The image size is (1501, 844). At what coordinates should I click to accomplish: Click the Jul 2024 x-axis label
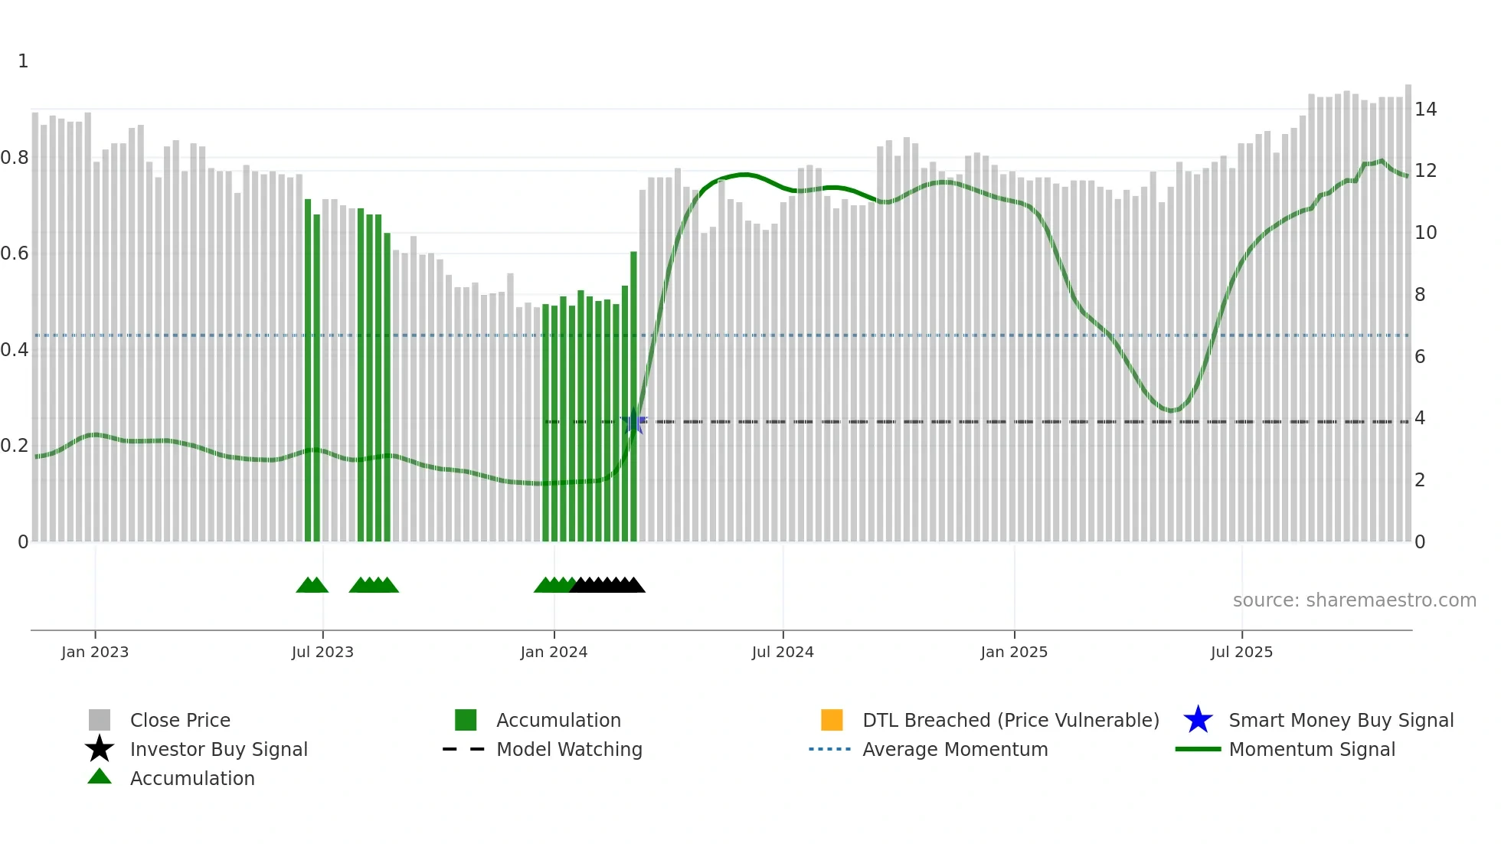(x=782, y=652)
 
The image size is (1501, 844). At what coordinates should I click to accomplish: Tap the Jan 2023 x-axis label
(x=95, y=652)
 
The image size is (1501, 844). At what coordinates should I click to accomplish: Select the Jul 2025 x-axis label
(x=1241, y=652)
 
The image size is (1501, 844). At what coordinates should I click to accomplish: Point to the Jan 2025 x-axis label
(x=1014, y=652)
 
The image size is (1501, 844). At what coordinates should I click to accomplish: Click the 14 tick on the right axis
(x=1425, y=110)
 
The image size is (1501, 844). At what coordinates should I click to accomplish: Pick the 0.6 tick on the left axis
(x=15, y=254)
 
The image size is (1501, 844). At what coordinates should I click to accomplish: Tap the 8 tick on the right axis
(x=1420, y=295)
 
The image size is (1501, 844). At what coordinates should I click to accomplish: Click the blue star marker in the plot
(x=633, y=422)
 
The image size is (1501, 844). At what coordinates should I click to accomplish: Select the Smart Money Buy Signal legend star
(x=1198, y=720)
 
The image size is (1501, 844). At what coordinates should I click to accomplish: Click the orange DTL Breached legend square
(x=832, y=720)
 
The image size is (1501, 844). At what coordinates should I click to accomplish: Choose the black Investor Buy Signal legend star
(x=100, y=749)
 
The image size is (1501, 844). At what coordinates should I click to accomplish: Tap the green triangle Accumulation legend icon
(x=100, y=777)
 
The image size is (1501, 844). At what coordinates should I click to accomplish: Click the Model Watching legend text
(x=569, y=749)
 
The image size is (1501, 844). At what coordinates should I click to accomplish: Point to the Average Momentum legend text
(x=955, y=749)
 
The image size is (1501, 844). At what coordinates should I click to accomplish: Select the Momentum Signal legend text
(x=1312, y=749)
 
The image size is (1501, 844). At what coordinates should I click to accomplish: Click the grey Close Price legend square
(x=100, y=720)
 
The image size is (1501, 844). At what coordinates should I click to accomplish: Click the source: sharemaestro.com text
(x=1354, y=600)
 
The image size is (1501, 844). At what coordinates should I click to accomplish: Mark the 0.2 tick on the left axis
(x=15, y=446)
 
